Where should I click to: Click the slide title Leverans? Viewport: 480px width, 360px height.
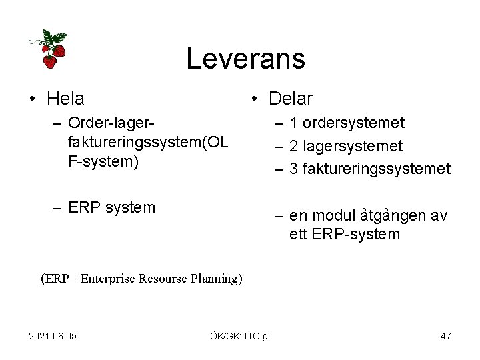coord(245,59)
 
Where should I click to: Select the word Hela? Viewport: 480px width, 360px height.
coord(65,99)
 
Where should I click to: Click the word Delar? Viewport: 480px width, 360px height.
coord(290,99)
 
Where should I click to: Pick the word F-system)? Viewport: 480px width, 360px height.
coord(103,161)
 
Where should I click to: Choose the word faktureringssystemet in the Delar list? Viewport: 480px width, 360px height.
coord(377,169)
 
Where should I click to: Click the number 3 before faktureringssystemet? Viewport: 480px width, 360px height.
coord(293,169)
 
